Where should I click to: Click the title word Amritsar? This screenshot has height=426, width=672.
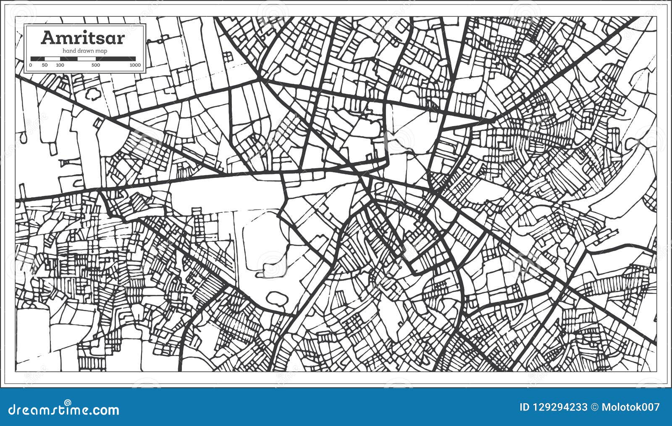pos(83,38)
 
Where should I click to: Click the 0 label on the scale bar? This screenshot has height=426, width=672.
pos(31,65)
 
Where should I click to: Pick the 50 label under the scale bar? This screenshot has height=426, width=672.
pos(45,65)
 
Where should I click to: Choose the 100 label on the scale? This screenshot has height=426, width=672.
pos(60,65)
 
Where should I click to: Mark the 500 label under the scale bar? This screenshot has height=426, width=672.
pos(96,65)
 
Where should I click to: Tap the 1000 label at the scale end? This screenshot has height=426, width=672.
pos(135,65)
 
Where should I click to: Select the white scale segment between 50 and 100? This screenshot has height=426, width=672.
pos(52,59)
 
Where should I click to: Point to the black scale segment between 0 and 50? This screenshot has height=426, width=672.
pos(38,59)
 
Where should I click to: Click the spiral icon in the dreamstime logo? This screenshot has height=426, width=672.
pos(67,403)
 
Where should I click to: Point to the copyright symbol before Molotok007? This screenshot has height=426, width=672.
pos(594,407)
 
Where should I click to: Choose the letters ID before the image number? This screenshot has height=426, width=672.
pos(525,407)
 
